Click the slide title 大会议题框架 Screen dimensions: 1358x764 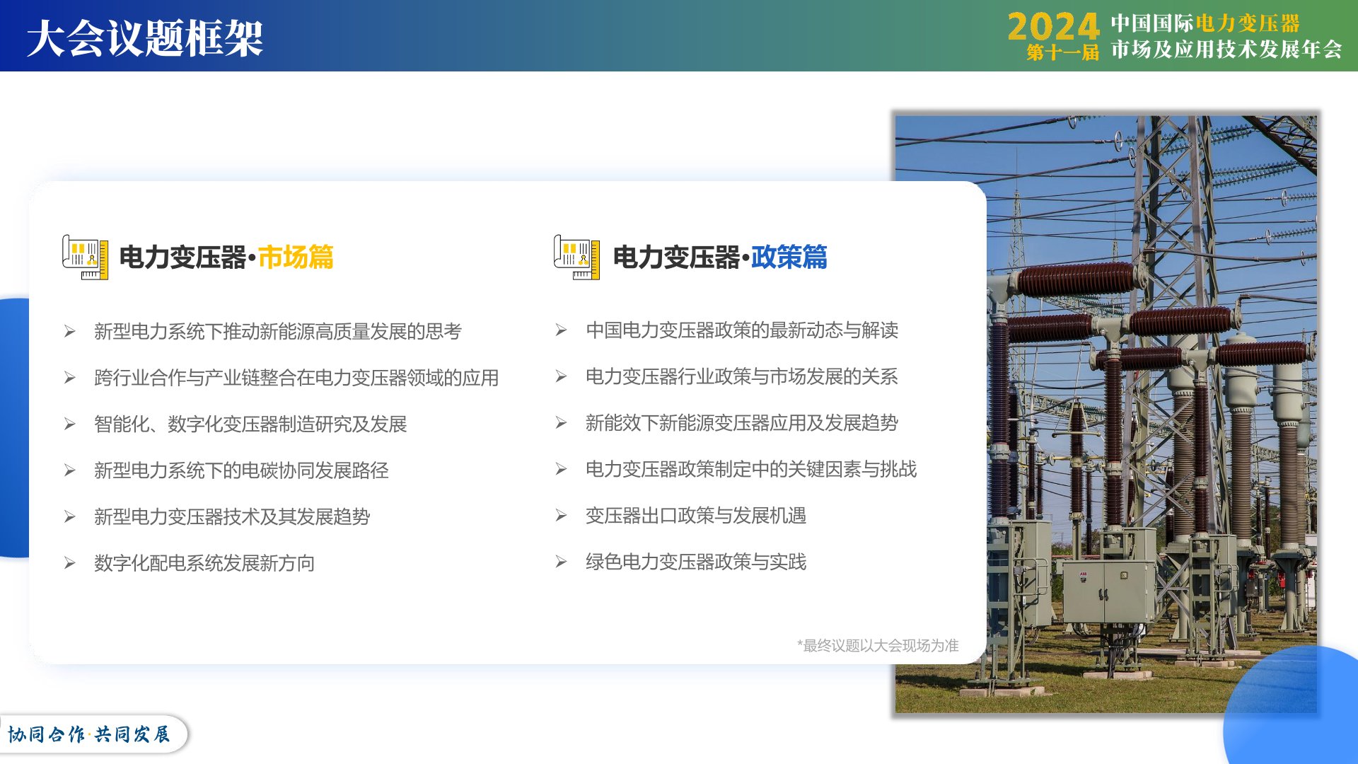click(x=145, y=37)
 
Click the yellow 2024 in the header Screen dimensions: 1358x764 click(x=1053, y=27)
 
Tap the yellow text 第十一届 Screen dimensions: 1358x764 click(x=1062, y=52)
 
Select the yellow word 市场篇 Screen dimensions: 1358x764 click(x=296, y=257)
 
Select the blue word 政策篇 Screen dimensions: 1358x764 click(x=789, y=257)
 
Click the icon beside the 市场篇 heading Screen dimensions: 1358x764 click(x=86, y=257)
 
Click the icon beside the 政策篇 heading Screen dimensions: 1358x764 click(x=577, y=257)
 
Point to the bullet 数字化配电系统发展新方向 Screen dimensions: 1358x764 click(x=204, y=563)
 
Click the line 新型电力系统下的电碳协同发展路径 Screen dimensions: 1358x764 click(x=241, y=470)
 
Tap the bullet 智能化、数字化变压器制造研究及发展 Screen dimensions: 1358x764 click(x=250, y=424)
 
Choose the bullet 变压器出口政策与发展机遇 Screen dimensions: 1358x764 click(x=696, y=516)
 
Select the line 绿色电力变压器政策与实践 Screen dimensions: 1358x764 click(x=696, y=562)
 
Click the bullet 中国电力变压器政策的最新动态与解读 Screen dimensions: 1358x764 click(x=742, y=330)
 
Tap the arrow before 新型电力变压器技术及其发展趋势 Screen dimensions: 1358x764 click(x=69, y=517)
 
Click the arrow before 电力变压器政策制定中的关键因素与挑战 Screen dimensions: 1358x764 click(x=561, y=469)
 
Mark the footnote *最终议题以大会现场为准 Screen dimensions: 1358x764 click(x=878, y=645)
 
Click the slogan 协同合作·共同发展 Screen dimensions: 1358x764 click(x=89, y=734)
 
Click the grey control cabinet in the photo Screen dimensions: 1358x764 click(x=1107, y=591)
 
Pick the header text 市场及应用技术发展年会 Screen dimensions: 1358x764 click(x=1226, y=50)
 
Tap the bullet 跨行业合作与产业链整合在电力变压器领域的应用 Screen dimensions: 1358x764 click(x=296, y=378)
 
